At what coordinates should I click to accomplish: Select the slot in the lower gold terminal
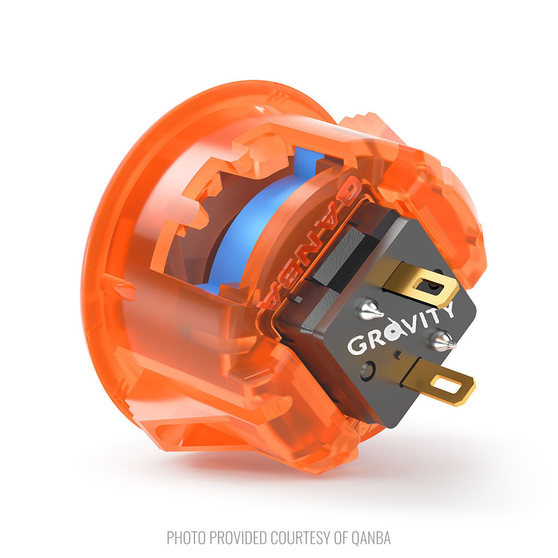[447, 385]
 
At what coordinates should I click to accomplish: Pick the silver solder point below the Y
[442, 340]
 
